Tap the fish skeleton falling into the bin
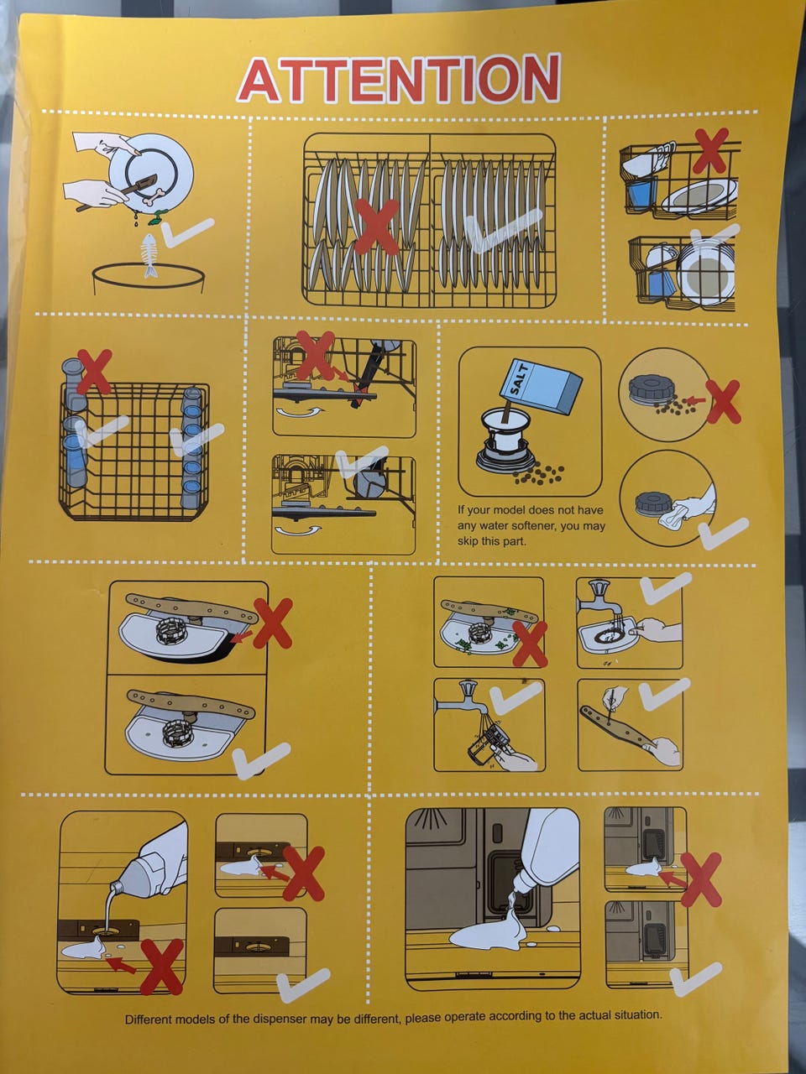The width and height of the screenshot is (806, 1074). (149, 255)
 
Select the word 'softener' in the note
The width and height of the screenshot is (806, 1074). (535, 526)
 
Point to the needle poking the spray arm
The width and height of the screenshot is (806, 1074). (609, 709)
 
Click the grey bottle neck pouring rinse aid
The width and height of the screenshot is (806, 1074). (120, 887)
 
